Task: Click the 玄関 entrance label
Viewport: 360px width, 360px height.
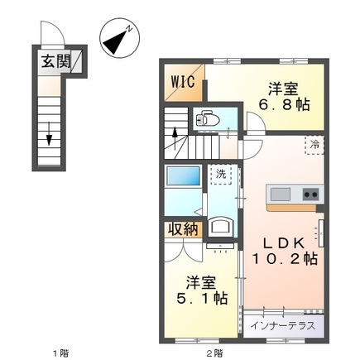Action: coord(51,62)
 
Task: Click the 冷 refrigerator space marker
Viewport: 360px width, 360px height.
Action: coord(314,144)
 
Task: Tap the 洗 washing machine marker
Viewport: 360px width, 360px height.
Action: coord(221,175)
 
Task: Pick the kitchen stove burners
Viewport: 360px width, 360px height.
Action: coord(310,194)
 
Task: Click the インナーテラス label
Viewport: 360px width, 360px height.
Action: coord(283,324)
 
